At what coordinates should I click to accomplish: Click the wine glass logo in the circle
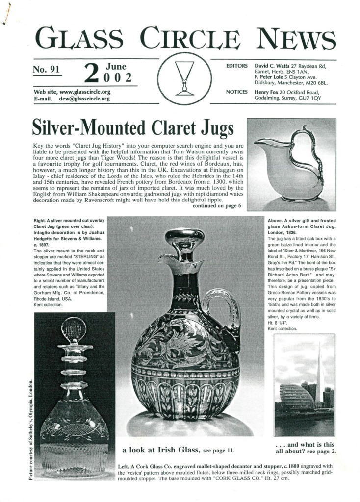[184, 78]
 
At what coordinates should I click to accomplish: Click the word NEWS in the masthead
[295, 39]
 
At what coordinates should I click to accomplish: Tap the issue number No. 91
[46, 70]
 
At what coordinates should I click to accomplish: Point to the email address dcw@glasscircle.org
[84, 99]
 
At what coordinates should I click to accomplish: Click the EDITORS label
[236, 66]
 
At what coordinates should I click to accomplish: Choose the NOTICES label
[236, 92]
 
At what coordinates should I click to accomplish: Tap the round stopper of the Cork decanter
[74, 329]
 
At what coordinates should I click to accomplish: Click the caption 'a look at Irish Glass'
[161, 450]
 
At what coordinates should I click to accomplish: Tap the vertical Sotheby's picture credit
[32, 429]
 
